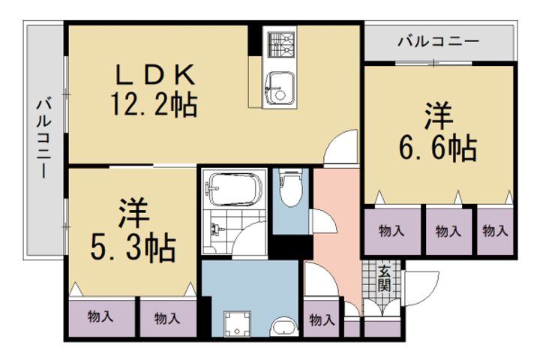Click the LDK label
click(154, 76)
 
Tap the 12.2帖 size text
click(154, 103)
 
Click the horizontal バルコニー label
click(438, 41)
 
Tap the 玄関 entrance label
click(383, 278)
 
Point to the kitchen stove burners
click(282, 43)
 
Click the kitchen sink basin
click(280, 88)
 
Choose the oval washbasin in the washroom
click(283, 328)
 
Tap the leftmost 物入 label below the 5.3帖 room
click(100, 317)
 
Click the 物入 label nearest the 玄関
click(322, 320)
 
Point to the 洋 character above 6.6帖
click(439, 117)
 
